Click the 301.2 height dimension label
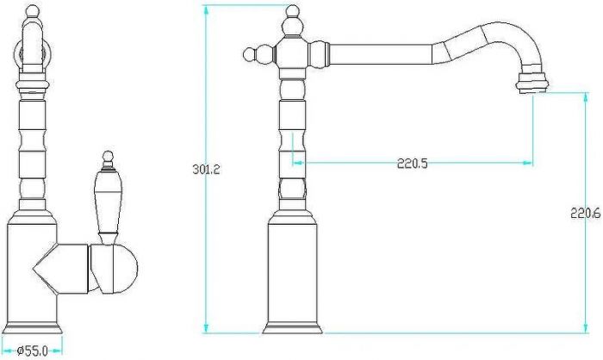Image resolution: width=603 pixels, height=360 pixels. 206,169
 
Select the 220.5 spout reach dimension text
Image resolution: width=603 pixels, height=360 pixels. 413,164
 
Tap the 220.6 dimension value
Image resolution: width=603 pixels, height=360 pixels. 585,213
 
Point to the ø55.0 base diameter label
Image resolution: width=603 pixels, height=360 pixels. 33,351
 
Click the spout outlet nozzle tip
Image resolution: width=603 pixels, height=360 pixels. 532,83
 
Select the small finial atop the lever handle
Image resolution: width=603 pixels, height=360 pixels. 108,159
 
